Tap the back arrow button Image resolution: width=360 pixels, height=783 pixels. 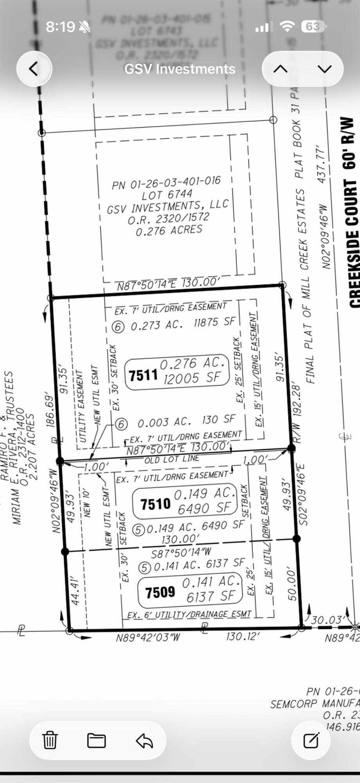(x=34, y=69)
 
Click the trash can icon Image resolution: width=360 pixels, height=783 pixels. (x=50, y=740)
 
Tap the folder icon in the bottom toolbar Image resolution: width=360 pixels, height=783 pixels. (x=96, y=740)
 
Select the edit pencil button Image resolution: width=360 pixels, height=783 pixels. (x=311, y=740)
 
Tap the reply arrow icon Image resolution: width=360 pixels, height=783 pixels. (x=144, y=740)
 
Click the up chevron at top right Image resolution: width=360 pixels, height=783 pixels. (x=281, y=69)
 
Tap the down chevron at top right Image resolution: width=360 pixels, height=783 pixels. (x=325, y=69)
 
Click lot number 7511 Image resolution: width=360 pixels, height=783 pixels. (x=143, y=375)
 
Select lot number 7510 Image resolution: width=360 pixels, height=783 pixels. (x=155, y=504)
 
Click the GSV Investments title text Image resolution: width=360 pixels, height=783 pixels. (x=180, y=69)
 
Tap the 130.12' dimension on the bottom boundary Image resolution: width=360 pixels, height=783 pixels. (x=243, y=636)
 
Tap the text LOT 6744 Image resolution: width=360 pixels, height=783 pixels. (x=167, y=194)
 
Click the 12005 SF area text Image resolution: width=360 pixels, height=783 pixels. (x=192, y=378)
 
